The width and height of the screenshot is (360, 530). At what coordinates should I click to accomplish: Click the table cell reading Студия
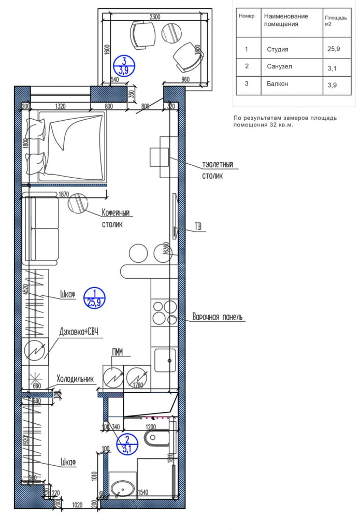coord(277,50)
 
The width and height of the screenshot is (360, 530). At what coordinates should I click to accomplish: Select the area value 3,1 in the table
coord(333,67)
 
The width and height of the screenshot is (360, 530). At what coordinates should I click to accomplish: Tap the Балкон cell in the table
coord(277,83)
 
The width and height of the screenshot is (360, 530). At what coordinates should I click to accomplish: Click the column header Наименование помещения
coord(286,20)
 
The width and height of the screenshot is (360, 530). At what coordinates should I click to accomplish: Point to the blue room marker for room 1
coord(94,298)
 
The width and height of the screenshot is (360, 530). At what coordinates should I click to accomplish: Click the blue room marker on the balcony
coord(124,66)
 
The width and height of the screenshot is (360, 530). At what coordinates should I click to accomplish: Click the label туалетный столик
coord(218,170)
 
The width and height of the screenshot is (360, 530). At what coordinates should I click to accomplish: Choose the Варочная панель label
coord(217,317)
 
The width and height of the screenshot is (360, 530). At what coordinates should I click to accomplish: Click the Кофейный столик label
coord(115,218)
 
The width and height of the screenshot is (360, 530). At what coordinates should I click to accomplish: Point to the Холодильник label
coord(76,379)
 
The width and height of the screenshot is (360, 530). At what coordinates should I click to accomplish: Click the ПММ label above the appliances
coord(117,353)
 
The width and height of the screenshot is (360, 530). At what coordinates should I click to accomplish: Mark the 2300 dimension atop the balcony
coord(154,17)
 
